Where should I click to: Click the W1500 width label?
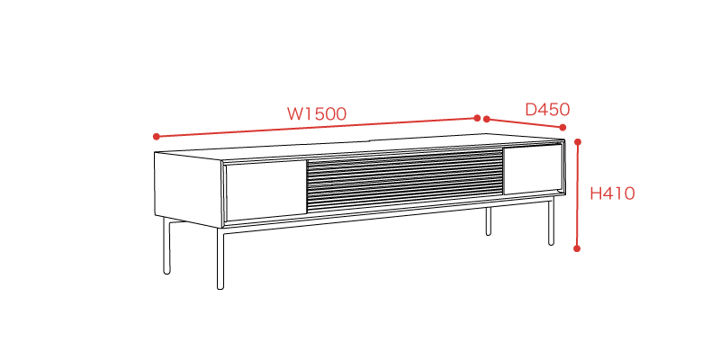(x=317, y=114)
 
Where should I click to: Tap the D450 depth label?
(x=547, y=110)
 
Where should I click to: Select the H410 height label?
(x=612, y=193)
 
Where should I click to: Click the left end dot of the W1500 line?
(x=156, y=137)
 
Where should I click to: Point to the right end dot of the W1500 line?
(x=477, y=118)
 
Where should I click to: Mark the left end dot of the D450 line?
(x=487, y=120)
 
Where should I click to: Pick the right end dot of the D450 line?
(x=562, y=128)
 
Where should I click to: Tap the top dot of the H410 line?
(x=578, y=142)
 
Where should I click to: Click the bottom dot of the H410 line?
(x=577, y=248)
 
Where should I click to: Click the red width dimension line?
(x=317, y=127)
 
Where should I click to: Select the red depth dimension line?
(x=525, y=123)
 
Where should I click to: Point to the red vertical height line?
(x=578, y=195)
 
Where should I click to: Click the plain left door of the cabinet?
(x=266, y=190)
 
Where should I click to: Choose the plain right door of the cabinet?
(x=532, y=169)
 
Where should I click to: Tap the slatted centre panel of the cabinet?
(x=405, y=179)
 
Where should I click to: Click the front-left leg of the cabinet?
(x=220, y=258)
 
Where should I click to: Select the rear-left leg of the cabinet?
(x=166, y=246)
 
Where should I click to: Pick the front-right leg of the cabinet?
(x=551, y=220)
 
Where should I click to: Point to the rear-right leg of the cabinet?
(x=489, y=220)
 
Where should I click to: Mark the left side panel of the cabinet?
(x=188, y=189)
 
